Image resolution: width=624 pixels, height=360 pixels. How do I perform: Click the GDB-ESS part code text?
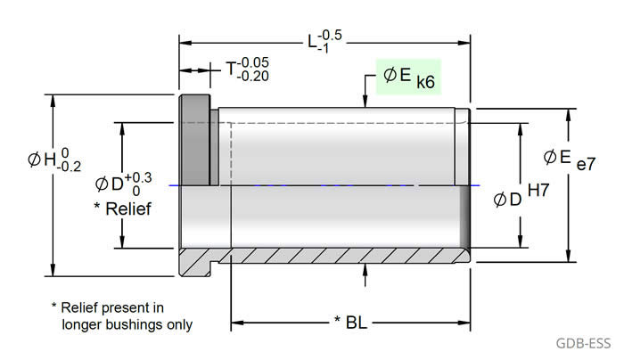pos(585,342)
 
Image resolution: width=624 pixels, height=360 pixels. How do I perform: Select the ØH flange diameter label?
pos(54,160)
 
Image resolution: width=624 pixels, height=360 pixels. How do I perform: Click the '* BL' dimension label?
pos(351,320)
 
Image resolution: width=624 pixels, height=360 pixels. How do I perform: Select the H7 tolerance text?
pos(539,190)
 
